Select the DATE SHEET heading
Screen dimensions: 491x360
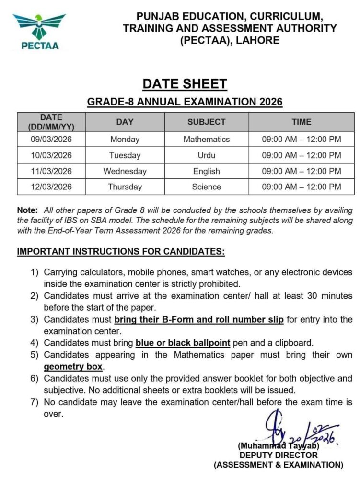185,84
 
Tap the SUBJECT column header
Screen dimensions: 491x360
206,122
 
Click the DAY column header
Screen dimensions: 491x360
125,122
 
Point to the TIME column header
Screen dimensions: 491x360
301,122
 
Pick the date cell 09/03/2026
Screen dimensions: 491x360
51,140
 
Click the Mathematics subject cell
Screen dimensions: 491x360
206,140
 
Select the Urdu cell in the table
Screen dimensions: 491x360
206,155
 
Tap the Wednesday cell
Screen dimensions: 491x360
125,171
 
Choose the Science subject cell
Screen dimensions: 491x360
206,187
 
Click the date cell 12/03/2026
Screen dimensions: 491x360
51,187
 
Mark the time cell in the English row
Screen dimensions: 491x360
301,171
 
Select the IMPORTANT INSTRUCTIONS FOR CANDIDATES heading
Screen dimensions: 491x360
120,252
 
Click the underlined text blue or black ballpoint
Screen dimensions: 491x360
183,343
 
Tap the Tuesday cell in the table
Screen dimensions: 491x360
125,155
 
